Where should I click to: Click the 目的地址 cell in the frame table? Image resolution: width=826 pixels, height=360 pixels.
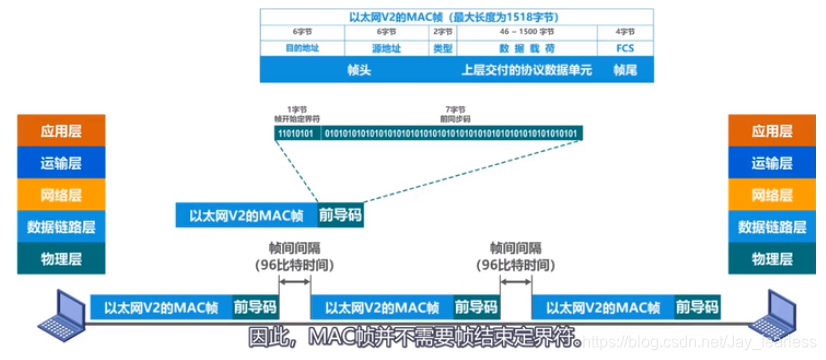[301, 47]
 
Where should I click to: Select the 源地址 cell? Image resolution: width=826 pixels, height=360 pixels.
[386, 47]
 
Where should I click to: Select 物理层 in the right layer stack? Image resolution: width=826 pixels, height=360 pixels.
[773, 259]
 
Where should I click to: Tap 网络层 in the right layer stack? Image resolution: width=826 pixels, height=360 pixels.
[773, 195]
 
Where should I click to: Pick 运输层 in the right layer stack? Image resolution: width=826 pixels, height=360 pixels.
[773, 163]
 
